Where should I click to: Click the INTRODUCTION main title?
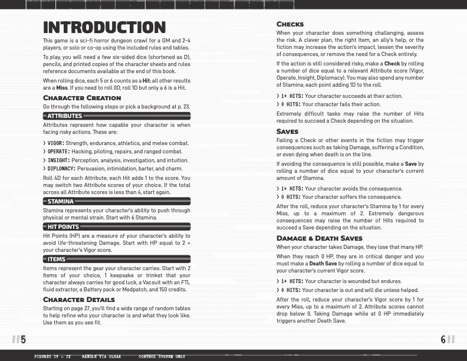click(x=104, y=27)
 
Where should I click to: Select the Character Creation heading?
click(x=82, y=97)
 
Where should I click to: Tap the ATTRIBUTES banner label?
click(x=65, y=116)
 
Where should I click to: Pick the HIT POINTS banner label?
click(x=63, y=227)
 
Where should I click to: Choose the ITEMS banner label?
click(x=57, y=259)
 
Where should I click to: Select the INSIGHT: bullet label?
click(x=58, y=160)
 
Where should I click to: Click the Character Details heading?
click(x=79, y=300)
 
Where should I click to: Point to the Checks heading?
click(x=290, y=24)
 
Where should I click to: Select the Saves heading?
click(x=287, y=131)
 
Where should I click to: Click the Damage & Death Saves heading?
click(x=319, y=238)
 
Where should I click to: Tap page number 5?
click(x=23, y=339)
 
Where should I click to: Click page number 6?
click(x=443, y=339)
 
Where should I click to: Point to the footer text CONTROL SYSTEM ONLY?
click(x=162, y=357)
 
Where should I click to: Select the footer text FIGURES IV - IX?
click(x=52, y=357)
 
